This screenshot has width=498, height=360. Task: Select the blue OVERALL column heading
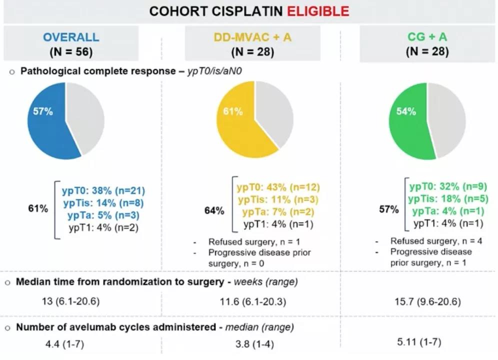point(71,37)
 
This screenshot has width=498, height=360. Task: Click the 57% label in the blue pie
point(43,111)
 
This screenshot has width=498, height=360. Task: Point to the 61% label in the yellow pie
point(232,111)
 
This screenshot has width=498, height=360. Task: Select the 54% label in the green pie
point(406,111)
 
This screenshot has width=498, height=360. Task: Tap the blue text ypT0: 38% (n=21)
point(103,190)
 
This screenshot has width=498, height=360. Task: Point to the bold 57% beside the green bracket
point(389,209)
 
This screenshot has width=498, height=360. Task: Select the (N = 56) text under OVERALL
point(71,51)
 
